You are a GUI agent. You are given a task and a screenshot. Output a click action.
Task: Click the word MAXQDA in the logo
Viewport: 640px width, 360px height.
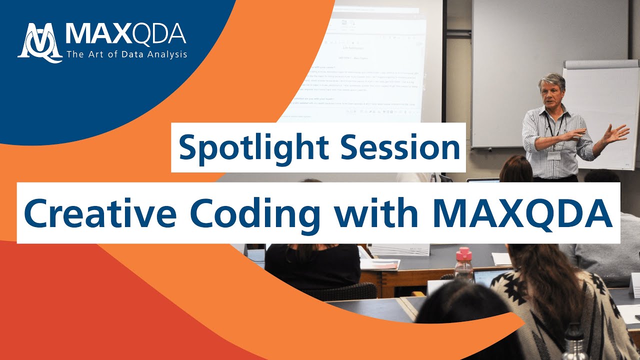[x=125, y=35]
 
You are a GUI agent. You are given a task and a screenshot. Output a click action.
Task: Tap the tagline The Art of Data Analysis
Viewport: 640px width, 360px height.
[x=125, y=54]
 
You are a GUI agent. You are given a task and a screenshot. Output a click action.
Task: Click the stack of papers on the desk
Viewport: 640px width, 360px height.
[x=380, y=263]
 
